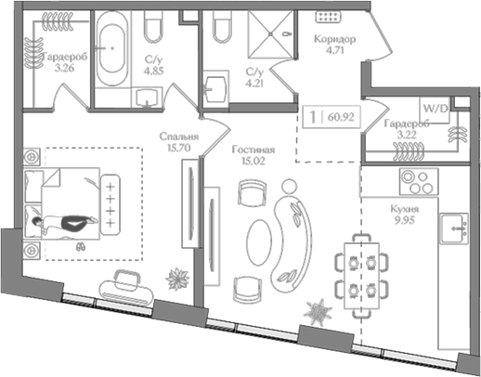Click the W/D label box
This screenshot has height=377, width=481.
click(x=435, y=110)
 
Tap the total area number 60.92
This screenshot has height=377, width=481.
click(x=341, y=117)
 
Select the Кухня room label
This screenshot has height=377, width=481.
click(x=405, y=209)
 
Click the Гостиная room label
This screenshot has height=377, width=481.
click(x=253, y=149)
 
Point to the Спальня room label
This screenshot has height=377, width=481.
click(x=179, y=136)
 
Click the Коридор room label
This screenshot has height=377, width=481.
click(x=334, y=39)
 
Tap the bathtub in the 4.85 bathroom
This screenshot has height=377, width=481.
click(x=111, y=49)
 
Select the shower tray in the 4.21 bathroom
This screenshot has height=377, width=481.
click(x=271, y=34)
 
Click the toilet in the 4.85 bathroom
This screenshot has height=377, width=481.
click(x=153, y=27)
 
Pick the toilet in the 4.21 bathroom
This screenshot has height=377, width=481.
click(x=222, y=27)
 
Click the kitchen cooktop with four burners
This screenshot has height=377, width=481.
click(x=419, y=182)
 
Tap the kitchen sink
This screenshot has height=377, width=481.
click(x=454, y=228)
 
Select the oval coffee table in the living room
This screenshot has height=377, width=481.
click(x=259, y=242)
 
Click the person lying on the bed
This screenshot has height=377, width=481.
click(x=65, y=222)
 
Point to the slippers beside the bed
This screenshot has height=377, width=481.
click(x=81, y=247)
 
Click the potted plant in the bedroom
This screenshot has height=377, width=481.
click(x=177, y=279)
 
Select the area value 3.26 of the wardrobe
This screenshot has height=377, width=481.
click(x=64, y=68)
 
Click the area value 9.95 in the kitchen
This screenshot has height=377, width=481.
click(x=405, y=220)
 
